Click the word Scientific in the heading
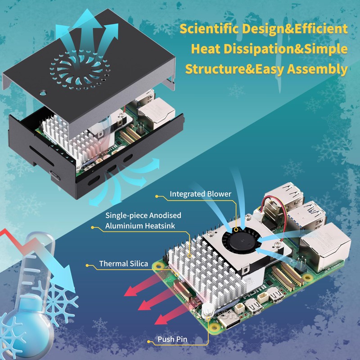coord(209,29)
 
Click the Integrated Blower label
coord(200,194)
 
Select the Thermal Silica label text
coord(123,264)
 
